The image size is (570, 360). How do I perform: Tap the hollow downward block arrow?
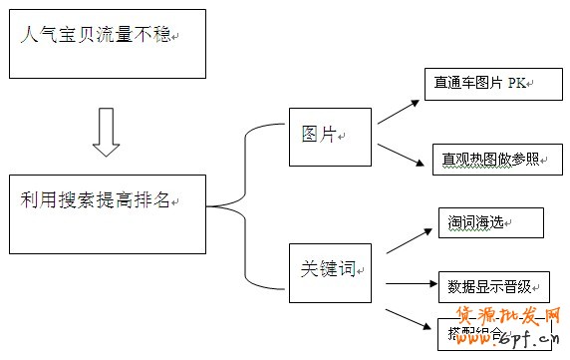click(107, 132)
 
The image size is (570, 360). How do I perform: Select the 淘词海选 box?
click(490, 222)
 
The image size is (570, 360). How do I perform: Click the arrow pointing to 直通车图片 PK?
click(399, 109)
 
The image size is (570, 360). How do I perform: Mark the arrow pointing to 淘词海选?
click(407, 239)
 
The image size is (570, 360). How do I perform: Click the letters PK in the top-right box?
click(516, 84)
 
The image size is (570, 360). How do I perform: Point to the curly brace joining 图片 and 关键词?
click(244, 204)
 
